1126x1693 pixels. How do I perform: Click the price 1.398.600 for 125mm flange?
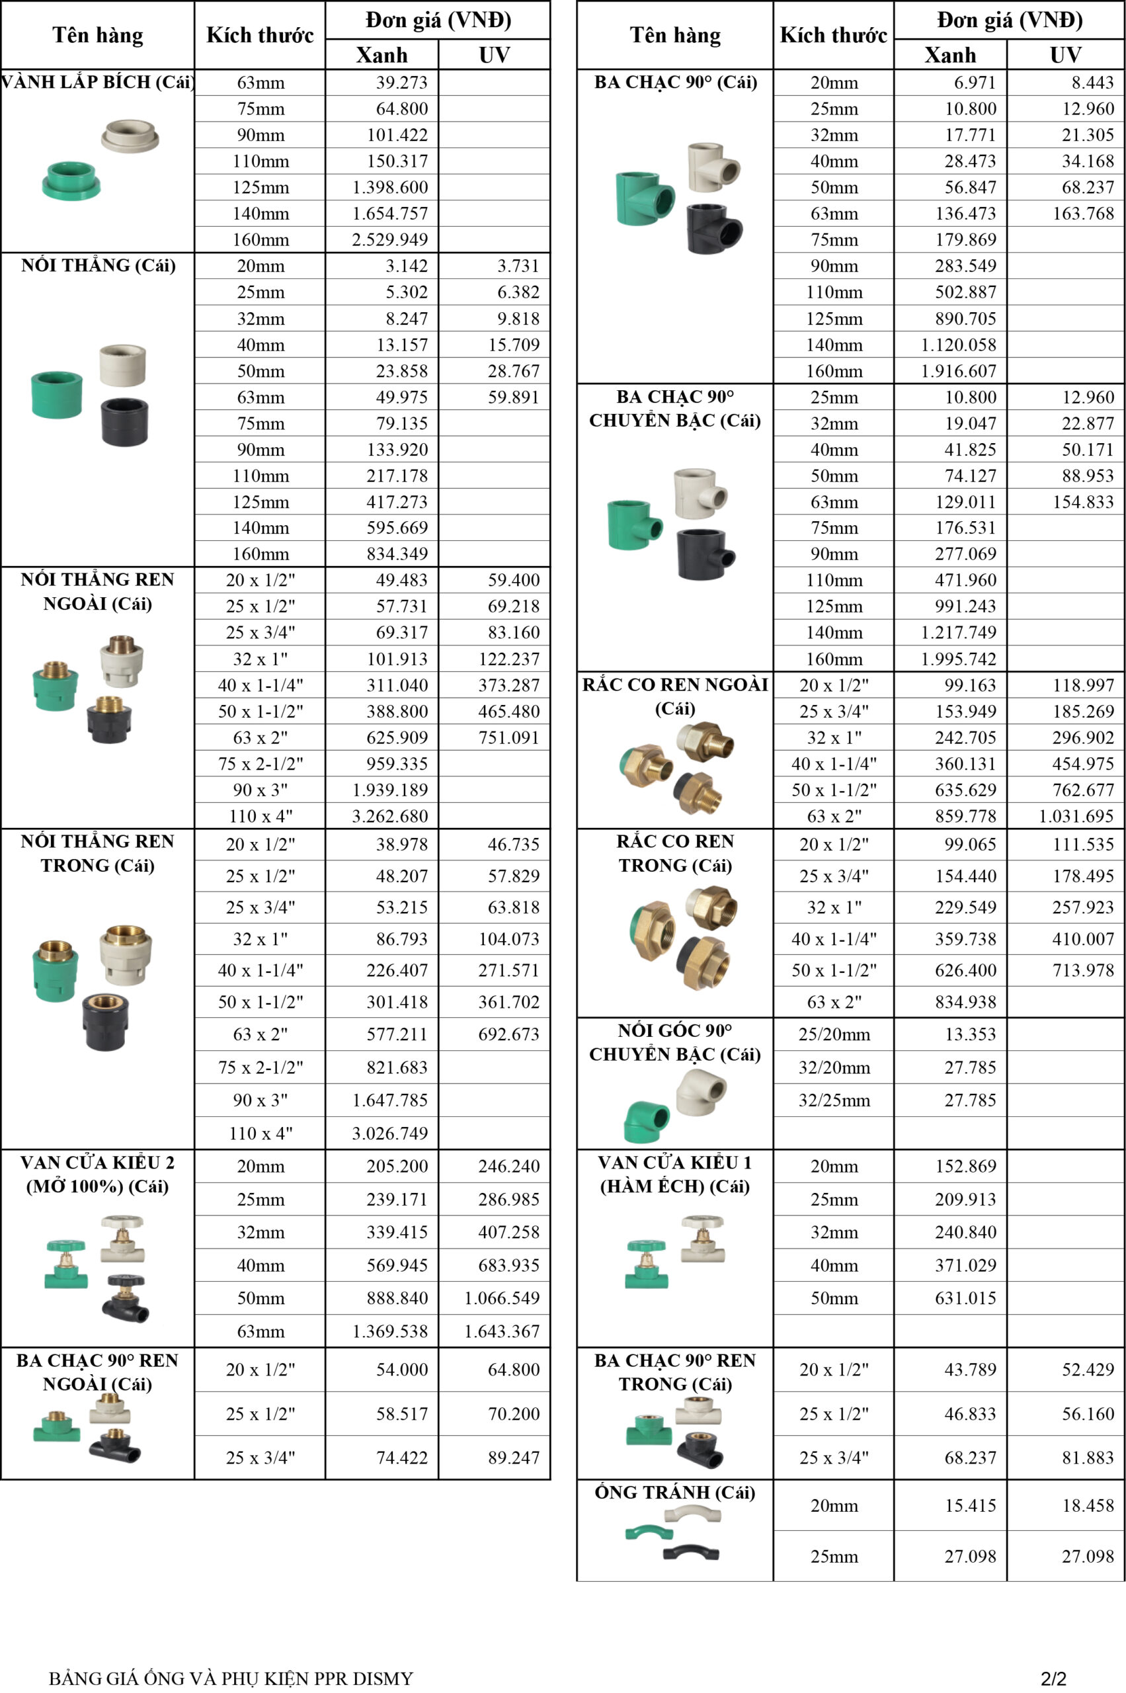pyautogui.click(x=389, y=187)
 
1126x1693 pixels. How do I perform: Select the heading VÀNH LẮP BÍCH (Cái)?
pyautogui.click(x=98, y=82)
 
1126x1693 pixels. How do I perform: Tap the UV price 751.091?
pyautogui.click(x=508, y=737)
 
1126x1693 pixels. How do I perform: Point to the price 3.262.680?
pyautogui.click(x=389, y=816)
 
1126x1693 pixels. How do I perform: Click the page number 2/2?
pyautogui.click(x=1053, y=1678)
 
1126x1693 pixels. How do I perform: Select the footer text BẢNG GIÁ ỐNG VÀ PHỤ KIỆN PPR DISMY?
pyautogui.click(x=231, y=1678)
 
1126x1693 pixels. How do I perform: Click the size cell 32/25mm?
pyautogui.click(x=834, y=1100)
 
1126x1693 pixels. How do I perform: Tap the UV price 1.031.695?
pyautogui.click(x=1076, y=816)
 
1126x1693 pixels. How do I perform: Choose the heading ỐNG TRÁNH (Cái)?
pyautogui.click(x=674, y=1493)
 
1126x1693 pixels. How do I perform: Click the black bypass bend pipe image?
pyautogui.click(x=690, y=1552)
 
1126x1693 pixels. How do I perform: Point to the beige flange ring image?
pyautogui.click(x=130, y=135)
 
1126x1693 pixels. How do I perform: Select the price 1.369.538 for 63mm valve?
pyautogui.click(x=389, y=1332)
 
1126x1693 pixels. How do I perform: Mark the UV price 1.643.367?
pyautogui.click(x=501, y=1332)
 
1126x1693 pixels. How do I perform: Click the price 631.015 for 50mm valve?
pyautogui.click(x=965, y=1299)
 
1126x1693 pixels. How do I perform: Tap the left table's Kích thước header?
pyautogui.click(x=260, y=35)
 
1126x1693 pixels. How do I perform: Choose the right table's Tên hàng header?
pyautogui.click(x=675, y=35)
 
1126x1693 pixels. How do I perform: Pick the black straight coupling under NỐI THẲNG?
pyautogui.click(x=124, y=422)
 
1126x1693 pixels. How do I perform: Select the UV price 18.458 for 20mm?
pyautogui.click(x=1088, y=1506)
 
